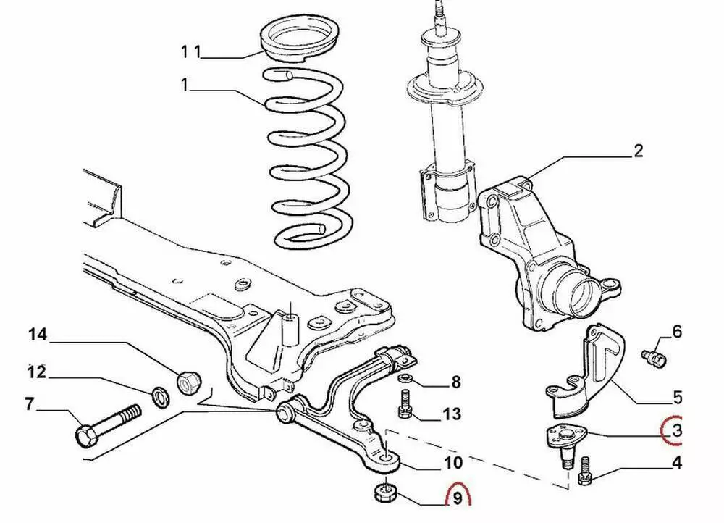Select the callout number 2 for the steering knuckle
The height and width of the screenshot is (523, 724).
point(638,151)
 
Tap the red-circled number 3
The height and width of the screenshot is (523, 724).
point(676,432)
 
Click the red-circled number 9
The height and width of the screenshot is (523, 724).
point(458,498)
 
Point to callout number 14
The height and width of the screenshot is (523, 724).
point(38,335)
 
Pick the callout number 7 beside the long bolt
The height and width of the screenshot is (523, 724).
point(29,404)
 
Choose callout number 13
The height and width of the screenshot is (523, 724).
point(451,414)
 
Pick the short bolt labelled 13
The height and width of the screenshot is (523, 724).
point(404,405)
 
